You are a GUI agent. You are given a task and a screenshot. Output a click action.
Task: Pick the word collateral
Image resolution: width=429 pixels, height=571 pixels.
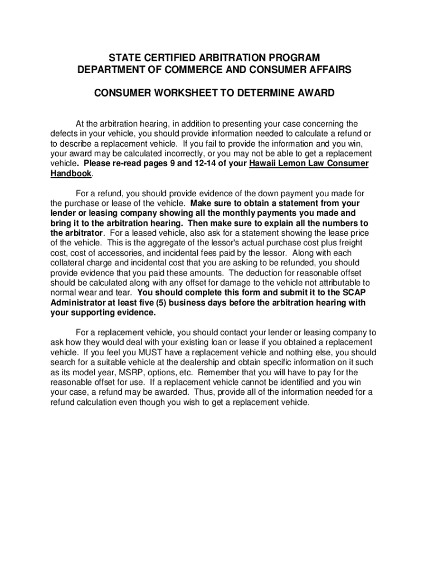pyautogui.click(x=67, y=263)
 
